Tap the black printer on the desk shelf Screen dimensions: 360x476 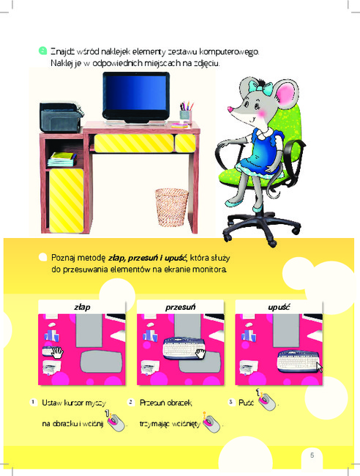click(x=61, y=117)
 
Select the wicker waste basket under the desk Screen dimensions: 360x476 click(x=171, y=207)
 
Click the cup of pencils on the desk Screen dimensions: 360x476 click(x=186, y=112)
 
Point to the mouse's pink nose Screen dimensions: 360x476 click(x=230, y=108)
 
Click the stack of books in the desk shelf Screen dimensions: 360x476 click(x=61, y=160)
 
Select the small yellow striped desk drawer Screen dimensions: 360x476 click(x=185, y=143)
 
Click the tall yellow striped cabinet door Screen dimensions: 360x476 click(x=66, y=201)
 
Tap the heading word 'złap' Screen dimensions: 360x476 click(x=82, y=308)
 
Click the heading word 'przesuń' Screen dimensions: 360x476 click(x=180, y=308)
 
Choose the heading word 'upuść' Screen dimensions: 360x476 click(x=279, y=308)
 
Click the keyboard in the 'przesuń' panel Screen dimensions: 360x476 click(x=184, y=349)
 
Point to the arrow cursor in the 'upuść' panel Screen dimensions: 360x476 click(x=319, y=367)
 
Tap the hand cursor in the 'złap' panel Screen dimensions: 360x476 click(x=57, y=353)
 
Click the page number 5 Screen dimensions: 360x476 click(x=312, y=455)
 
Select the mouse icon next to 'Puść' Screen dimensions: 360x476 click(x=267, y=400)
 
